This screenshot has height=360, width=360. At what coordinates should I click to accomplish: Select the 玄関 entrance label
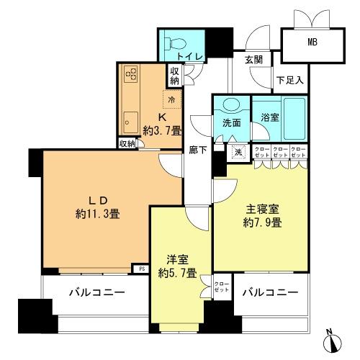[x=253, y=59]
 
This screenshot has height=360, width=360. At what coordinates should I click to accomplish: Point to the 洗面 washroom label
[x=231, y=122]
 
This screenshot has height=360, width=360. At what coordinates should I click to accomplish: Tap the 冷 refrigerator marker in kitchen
[x=173, y=101]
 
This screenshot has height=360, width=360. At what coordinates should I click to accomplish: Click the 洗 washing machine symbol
[x=238, y=152]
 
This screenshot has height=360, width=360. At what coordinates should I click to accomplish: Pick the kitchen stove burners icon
[x=132, y=74]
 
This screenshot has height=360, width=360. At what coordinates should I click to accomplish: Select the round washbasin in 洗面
[x=230, y=104]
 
